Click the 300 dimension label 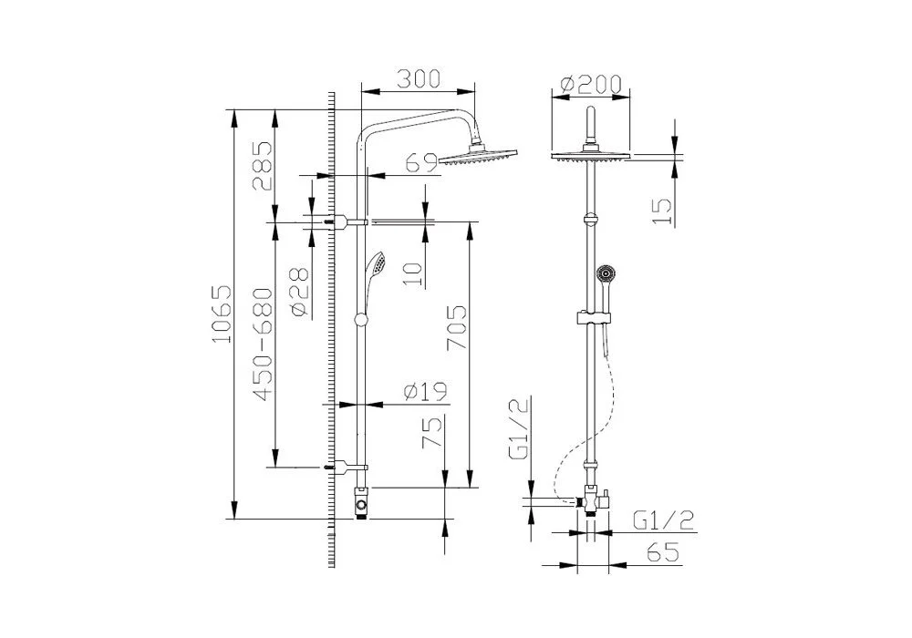[419, 79]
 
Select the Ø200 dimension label [591, 84]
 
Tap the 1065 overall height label [222, 314]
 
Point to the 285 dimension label [263, 166]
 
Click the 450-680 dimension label [263, 345]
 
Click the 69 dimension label [421, 163]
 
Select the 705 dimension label [457, 328]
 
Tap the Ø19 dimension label [426, 392]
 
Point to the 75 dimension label [432, 433]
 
